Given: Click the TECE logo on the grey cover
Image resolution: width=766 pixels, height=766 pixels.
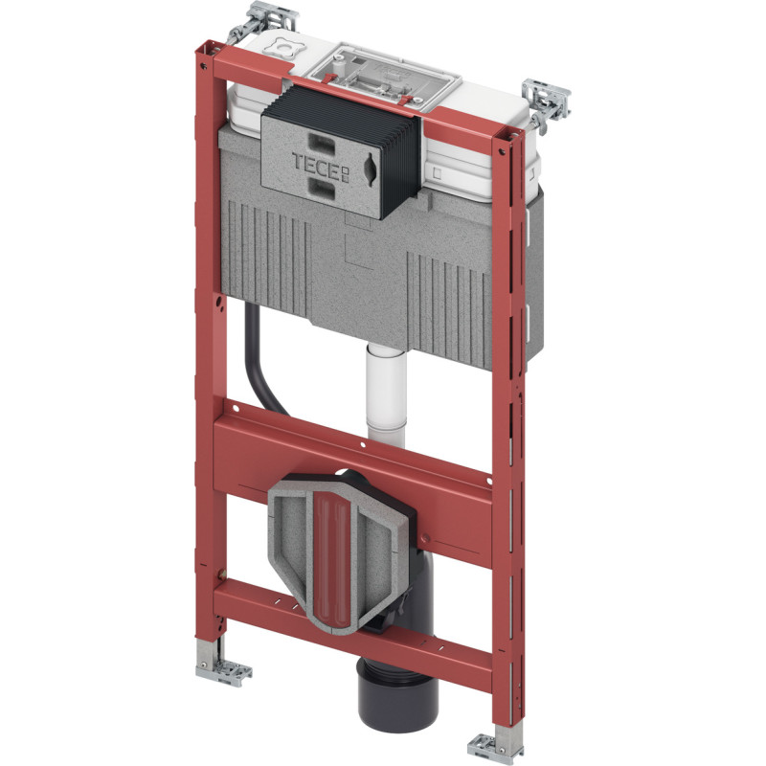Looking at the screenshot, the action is coord(321,166).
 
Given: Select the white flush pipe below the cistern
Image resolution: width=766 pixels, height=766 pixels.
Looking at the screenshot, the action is coord(386,395).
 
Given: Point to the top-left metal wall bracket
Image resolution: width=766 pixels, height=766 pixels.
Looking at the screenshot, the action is coord(262,21).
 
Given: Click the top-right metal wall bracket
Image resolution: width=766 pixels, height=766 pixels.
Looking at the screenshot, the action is coord(546,104).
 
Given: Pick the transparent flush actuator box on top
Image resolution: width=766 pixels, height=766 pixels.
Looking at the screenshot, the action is coord(386,75).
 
